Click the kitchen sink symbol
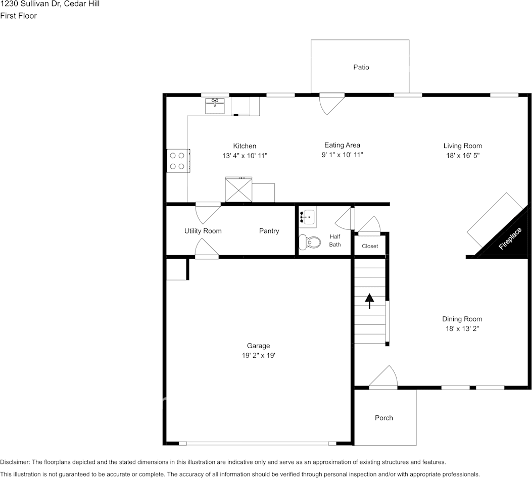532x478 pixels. [x=215, y=106]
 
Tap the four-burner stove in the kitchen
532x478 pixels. [x=178, y=161]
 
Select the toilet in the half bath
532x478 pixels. [x=309, y=243]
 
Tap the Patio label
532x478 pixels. [x=361, y=67]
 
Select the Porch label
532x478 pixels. [x=383, y=418]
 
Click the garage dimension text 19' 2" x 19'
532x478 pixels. [x=258, y=355]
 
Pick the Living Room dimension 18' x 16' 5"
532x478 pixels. [x=462, y=156]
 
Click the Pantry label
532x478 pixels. [x=269, y=231]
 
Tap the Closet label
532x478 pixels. [x=370, y=246]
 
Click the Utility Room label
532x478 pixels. [x=203, y=231]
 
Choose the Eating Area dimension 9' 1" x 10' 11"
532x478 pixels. [x=342, y=155]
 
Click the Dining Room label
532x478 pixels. [x=462, y=319]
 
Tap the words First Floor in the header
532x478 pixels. [x=19, y=16]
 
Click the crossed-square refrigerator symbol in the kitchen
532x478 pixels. [x=238, y=189]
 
